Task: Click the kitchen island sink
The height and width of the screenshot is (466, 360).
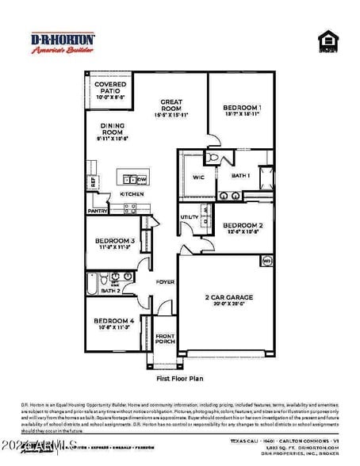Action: [129, 179]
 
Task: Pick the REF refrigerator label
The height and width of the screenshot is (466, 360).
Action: [93, 181]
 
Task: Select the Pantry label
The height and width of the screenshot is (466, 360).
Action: [98, 212]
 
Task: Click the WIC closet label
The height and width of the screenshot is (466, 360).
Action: [198, 178]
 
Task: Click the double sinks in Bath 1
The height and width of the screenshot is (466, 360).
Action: [230, 195]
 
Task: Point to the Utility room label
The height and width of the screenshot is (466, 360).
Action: [190, 216]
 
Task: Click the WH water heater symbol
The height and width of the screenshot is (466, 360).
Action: [266, 260]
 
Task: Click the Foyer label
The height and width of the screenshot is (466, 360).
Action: [165, 281]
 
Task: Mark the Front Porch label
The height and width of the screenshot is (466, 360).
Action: [165, 339]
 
